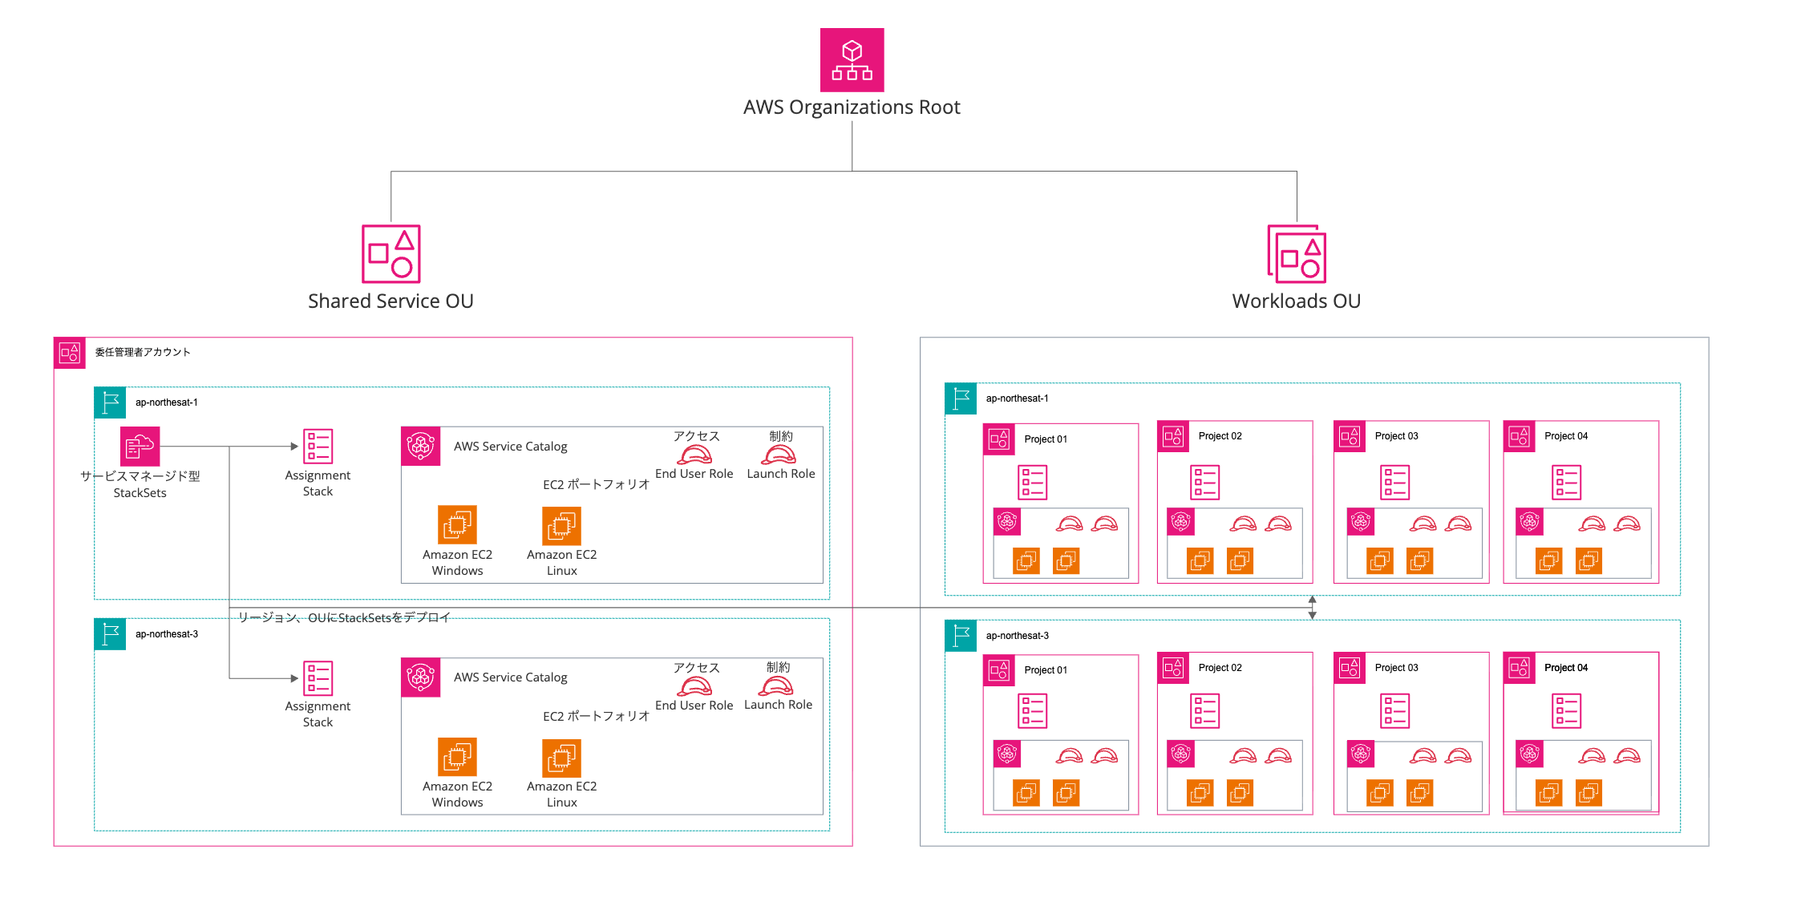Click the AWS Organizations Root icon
(x=852, y=60)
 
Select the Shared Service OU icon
(x=391, y=253)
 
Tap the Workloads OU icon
(x=1296, y=253)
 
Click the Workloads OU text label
(x=1296, y=301)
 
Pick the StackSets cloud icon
(x=140, y=446)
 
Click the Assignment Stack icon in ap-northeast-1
(x=318, y=447)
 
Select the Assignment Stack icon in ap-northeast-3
(x=318, y=678)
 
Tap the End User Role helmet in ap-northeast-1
(x=694, y=455)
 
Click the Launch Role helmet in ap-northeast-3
(x=776, y=686)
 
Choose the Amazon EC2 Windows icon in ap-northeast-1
(x=457, y=525)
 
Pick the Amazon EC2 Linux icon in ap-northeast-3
(x=561, y=758)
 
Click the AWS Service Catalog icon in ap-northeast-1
(x=421, y=446)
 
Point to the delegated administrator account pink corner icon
(x=70, y=353)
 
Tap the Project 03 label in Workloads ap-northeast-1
(x=1396, y=436)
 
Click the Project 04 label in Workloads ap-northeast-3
(x=1565, y=668)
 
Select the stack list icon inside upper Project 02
(x=1204, y=483)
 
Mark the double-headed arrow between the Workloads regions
(x=1312, y=608)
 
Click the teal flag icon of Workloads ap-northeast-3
(x=961, y=636)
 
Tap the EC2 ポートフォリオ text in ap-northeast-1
(x=596, y=484)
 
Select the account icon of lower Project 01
(x=999, y=670)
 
